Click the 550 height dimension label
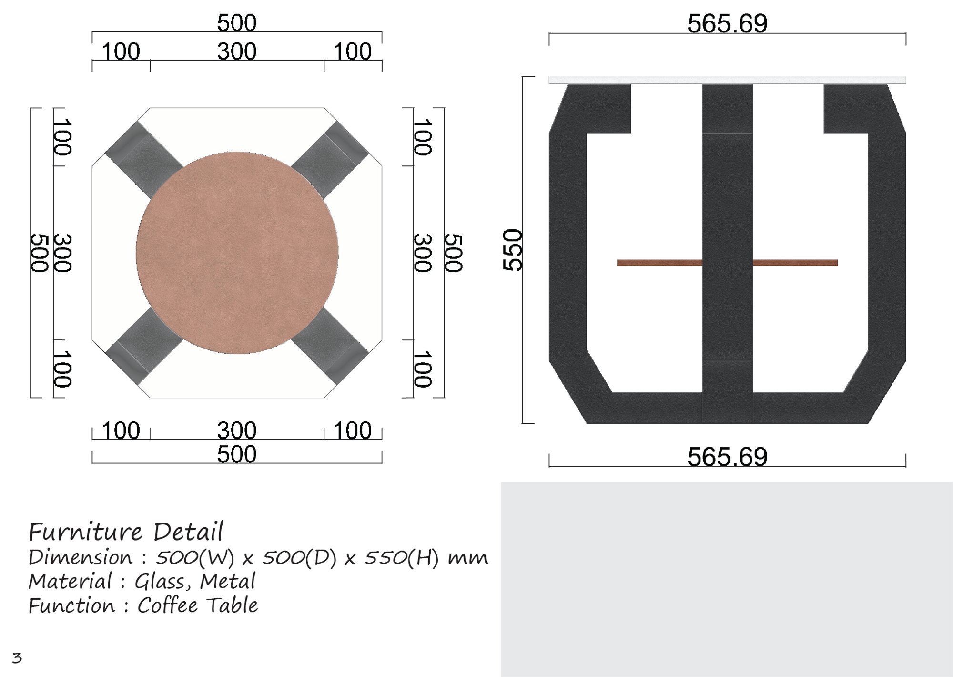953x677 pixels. pos(513,250)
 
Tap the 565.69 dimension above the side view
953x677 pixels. pos(727,23)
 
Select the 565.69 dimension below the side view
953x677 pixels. pos(727,457)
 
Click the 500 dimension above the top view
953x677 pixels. pos(237,22)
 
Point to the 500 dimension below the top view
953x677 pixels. pos(237,454)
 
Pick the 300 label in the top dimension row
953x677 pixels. pos(237,51)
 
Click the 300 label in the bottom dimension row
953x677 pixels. pos(237,430)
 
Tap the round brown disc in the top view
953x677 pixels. pos(237,253)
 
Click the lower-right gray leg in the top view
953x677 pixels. pos(330,346)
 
